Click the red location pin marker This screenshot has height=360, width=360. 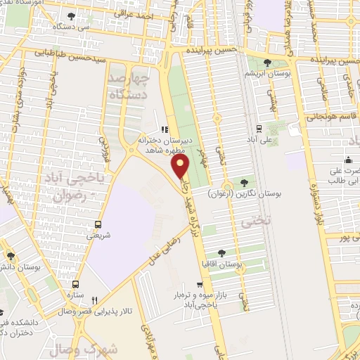coord(181,167)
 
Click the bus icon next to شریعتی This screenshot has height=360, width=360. coord(98,226)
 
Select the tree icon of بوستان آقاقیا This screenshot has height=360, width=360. coord(221,251)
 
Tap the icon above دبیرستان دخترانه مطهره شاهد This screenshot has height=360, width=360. coord(164,129)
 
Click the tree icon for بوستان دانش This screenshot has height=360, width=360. coord(11,256)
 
